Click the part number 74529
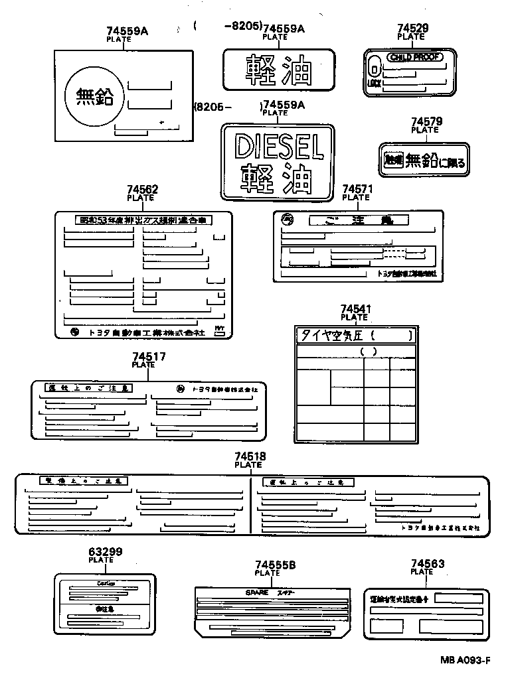tap(412, 28)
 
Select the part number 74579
tap(426, 121)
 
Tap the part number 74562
tap(141, 190)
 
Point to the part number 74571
tap(357, 189)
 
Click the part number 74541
tap(355, 309)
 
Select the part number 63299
tap(105, 551)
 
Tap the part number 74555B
tap(275, 565)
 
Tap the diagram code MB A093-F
tap(464, 661)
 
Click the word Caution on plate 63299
tap(105, 583)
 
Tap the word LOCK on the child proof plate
tap(374, 84)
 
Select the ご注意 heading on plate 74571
tap(359, 220)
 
